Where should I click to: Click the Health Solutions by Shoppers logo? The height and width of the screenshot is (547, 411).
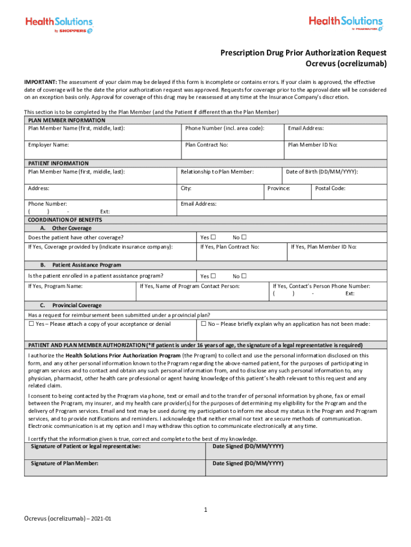click(59, 24)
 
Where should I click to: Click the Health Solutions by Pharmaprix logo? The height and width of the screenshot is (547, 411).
click(345, 24)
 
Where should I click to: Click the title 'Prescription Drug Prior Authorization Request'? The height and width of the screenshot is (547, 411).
click(304, 53)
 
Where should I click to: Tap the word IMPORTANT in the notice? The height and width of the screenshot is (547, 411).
click(40, 82)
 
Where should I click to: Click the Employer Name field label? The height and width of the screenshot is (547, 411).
click(48, 145)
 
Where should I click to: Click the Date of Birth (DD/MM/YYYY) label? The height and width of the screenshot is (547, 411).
click(322, 171)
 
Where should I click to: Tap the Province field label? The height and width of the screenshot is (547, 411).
click(279, 188)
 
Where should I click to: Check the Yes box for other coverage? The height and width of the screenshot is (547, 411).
click(213, 237)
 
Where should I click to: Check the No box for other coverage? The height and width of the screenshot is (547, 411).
click(244, 237)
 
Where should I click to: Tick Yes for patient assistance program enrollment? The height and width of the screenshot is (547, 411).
click(213, 276)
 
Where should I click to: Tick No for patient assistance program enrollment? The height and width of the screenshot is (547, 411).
click(244, 276)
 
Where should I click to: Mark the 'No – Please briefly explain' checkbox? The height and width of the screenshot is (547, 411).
click(204, 324)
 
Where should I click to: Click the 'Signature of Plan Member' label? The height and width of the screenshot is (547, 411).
click(65, 463)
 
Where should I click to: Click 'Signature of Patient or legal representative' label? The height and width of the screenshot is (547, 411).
click(86, 446)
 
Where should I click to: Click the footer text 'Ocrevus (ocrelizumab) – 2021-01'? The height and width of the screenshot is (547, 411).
click(68, 519)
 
